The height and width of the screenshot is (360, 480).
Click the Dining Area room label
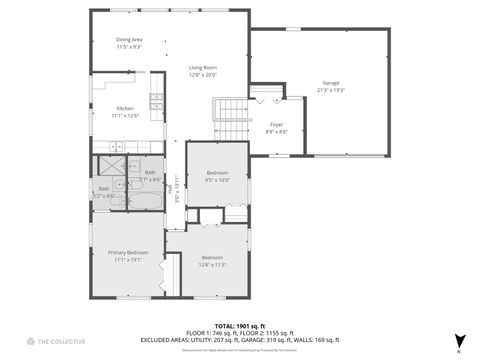coord(130,40)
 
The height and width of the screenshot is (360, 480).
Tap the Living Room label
coord(203,68)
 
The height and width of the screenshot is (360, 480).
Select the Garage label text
coord(330,83)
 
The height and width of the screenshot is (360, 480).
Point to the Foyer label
coord(276,125)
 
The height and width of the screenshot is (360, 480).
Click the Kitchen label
coord(125,108)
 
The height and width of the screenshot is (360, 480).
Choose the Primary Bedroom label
coord(128,252)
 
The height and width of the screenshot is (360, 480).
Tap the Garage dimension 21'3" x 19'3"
coord(330,90)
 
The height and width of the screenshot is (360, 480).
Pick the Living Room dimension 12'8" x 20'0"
coord(203,75)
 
